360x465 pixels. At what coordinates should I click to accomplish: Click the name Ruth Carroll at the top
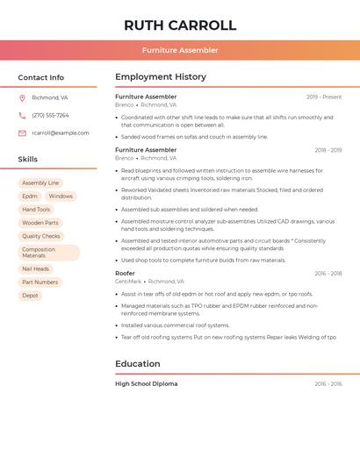[180, 25]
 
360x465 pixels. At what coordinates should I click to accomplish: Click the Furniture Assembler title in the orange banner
[180, 50]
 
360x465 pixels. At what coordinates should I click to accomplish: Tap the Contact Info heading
[41, 77]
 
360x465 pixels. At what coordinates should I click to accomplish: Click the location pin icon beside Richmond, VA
[22, 98]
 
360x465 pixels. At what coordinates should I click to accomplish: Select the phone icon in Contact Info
[22, 116]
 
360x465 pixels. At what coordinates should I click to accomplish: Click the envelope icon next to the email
[22, 133]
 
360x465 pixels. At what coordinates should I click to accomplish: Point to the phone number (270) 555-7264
[50, 116]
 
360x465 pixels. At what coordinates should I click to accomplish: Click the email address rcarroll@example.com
[61, 133]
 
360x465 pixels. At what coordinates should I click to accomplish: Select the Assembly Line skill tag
[40, 183]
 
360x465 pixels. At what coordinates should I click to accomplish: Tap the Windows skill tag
[61, 197]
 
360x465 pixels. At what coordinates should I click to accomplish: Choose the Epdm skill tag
[30, 197]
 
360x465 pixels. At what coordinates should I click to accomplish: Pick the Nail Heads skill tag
[35, 269]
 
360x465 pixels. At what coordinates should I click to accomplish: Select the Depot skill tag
[30, 296]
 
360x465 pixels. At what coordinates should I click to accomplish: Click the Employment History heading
[161, 77]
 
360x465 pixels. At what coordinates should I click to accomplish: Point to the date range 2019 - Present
[324, 97]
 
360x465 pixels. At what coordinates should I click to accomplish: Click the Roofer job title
[125, 274]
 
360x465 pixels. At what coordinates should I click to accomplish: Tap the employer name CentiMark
[128, 282]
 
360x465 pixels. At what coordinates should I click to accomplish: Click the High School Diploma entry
[146, 384]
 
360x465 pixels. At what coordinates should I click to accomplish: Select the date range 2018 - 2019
[328, 150]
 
